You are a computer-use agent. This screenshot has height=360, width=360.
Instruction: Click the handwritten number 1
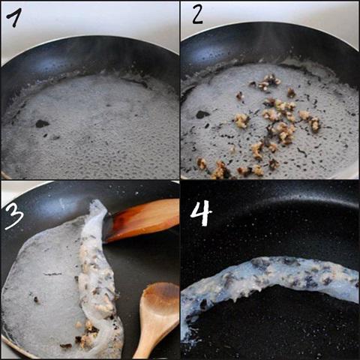click(15, 17)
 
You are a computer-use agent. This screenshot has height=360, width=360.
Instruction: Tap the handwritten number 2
click(197, 14)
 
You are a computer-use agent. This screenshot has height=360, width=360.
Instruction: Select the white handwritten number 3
click(15, 215)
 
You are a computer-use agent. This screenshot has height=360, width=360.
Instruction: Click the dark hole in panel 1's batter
click(42, 124)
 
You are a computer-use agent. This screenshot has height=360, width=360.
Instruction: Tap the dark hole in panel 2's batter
click(202, 115)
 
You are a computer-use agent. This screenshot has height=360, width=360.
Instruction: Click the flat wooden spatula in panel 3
click(142, 220)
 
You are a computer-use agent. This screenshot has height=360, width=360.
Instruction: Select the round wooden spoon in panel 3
click(157, 317)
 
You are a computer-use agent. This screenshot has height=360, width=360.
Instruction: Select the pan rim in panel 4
click(270, 197)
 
